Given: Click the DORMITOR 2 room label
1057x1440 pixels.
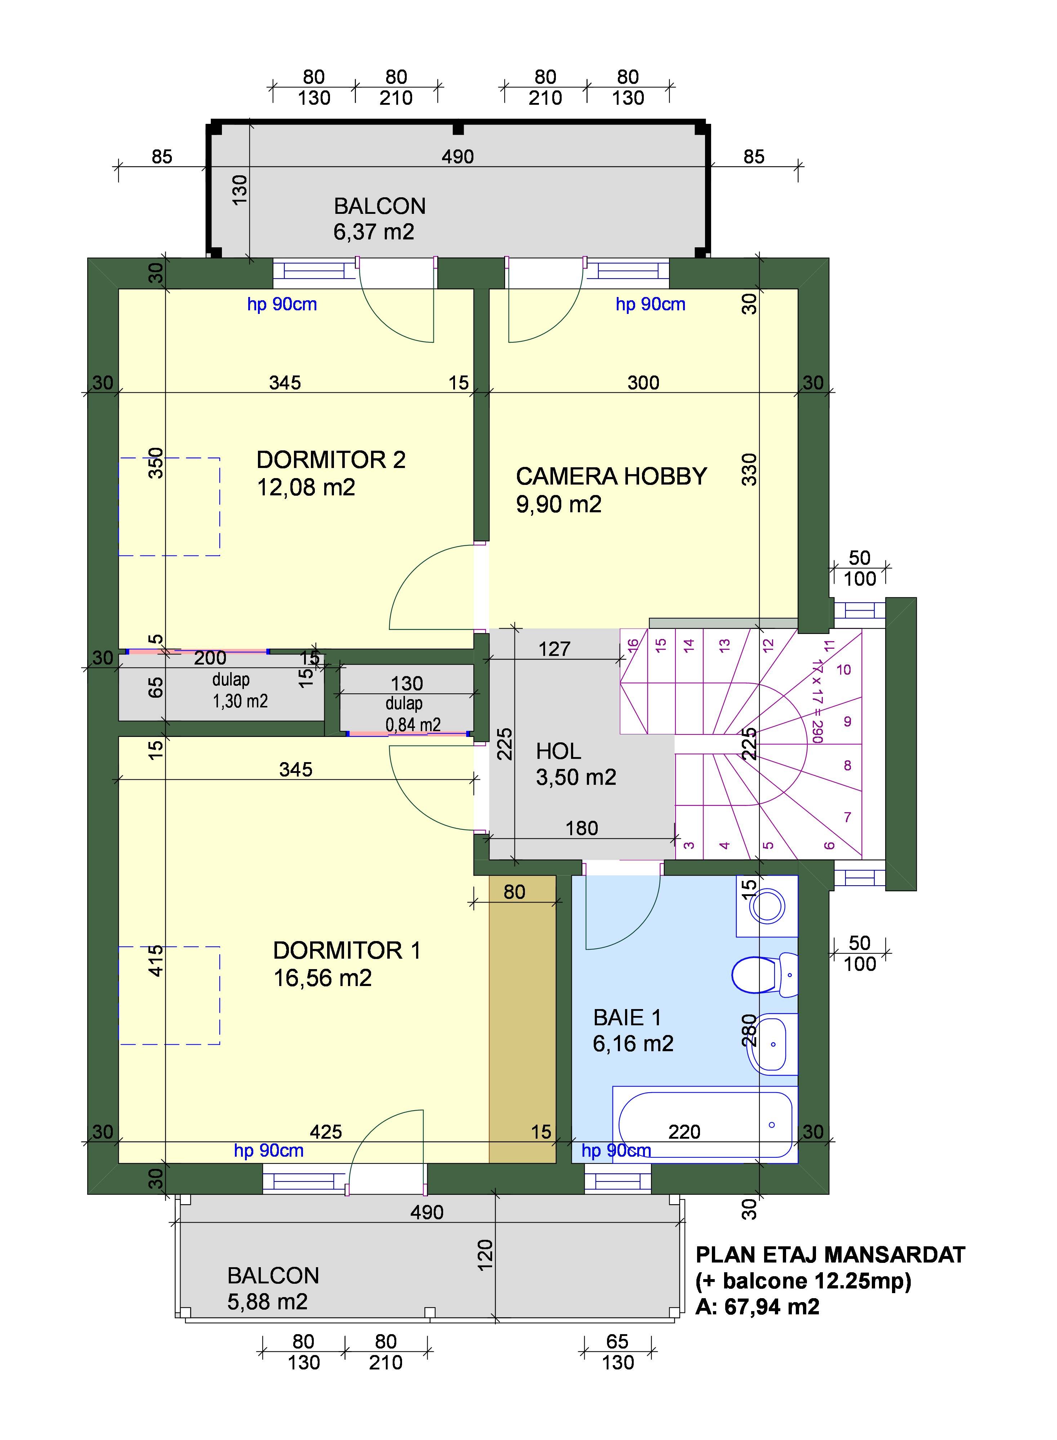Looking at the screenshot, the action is coord(331,460).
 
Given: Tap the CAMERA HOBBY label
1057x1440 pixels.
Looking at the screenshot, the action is coord(611,476).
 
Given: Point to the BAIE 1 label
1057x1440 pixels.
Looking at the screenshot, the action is coord(627,1017).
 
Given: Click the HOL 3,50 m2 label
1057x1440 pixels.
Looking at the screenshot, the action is coord(576,764).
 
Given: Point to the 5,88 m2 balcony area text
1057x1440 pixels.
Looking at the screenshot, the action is coord(267,1301).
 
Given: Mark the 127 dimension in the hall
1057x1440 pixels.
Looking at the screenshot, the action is coord(554,649).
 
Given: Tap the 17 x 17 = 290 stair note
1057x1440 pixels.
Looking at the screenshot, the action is coord(817,700).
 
